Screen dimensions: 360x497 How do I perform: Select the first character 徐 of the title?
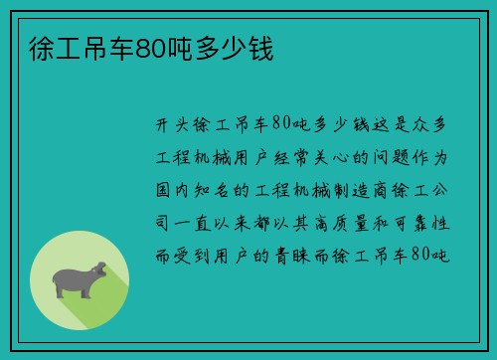(31, 48)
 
